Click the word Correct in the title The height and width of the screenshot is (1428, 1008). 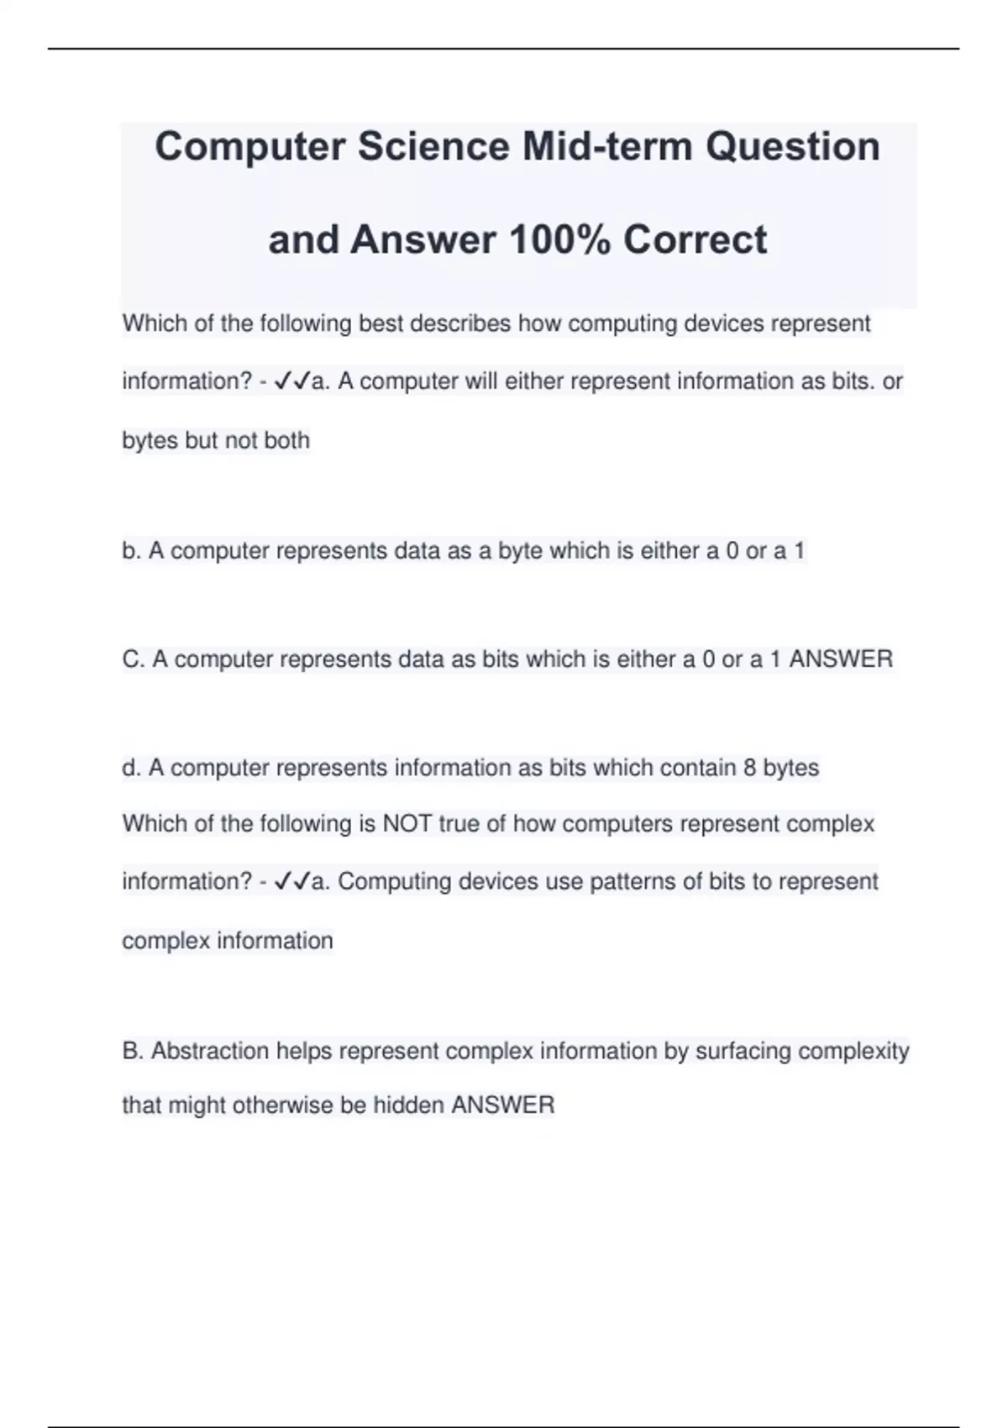tap(695, 240)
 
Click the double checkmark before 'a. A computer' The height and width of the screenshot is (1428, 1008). tap(291, 382)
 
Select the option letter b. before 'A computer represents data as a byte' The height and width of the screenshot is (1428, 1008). tap(131, 551)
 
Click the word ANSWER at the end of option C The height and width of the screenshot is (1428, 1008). tap(841, 659)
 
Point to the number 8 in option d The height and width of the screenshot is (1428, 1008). tap(749, 768)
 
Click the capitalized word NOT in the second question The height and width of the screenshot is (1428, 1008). tap(407, 823)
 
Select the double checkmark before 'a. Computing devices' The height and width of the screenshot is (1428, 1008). tap(291, 882)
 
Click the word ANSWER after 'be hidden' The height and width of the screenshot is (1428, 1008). tap(503, 1105)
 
